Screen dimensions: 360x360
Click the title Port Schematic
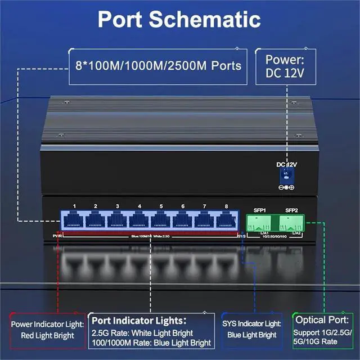tap(179, 19)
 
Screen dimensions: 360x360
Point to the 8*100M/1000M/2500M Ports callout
tap(158, 66)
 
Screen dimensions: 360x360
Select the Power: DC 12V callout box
tap(285, 66)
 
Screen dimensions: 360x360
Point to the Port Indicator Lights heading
tap(138, 320)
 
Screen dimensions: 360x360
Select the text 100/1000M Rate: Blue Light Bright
tap(151, 343)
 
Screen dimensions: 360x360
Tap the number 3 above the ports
tap(117, 206)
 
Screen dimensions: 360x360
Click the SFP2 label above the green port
tap(291, 210)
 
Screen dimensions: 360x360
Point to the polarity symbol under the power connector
tap(287, 187)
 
